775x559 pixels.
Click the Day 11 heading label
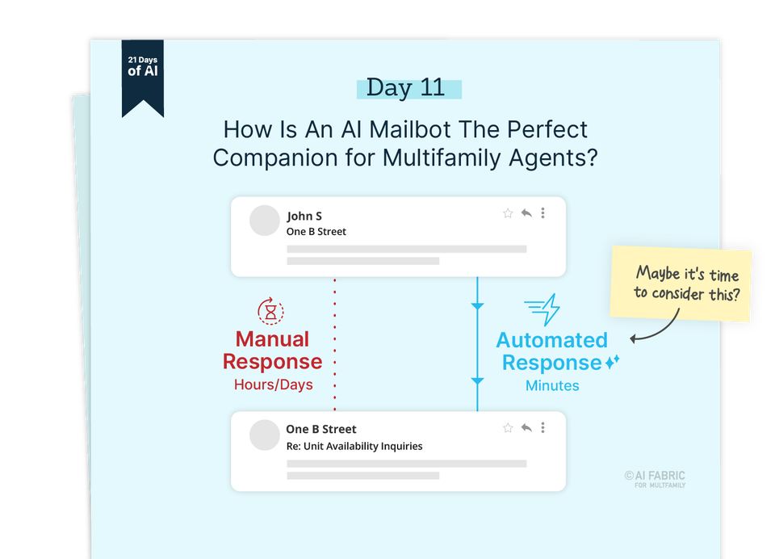406,88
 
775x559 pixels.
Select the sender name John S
304,216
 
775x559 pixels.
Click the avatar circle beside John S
264,221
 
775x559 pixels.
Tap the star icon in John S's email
508,213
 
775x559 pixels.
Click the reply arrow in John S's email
526,213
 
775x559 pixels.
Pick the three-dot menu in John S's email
543,213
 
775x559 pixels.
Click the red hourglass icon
270,310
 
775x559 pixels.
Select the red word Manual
272,339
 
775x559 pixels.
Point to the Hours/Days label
273,385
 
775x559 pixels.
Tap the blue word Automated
551,340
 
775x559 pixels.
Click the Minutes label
552,385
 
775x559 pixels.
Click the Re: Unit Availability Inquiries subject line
354,446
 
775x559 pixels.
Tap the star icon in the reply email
508,427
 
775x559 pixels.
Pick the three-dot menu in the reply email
543,427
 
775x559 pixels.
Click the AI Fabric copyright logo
655,479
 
